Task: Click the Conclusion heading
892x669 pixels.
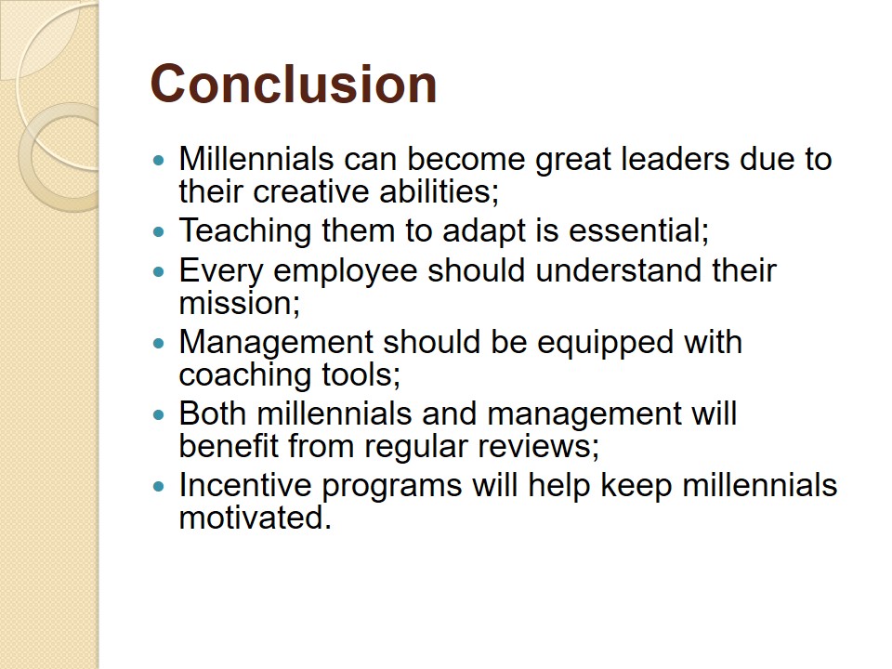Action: [294, 85]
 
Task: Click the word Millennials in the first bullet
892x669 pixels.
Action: [256, 159]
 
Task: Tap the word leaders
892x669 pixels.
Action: [675, 159]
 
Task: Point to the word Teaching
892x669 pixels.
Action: [245, 230]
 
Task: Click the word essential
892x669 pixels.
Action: [639, 230]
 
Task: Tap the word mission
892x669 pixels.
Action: [239, 303]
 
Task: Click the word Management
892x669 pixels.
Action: [276, 343]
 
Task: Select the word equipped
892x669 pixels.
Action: [605, 343]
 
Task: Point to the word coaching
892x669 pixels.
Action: [245, 374]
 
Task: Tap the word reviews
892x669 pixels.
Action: [538, 446]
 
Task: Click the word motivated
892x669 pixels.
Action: [255, 518]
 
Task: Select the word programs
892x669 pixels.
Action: [392, 486]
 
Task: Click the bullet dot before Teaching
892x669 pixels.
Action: [159, 231]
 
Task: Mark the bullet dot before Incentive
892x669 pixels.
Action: [159, 486]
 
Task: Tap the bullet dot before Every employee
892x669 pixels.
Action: [159, 272]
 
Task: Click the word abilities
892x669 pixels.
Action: [439, 191]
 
